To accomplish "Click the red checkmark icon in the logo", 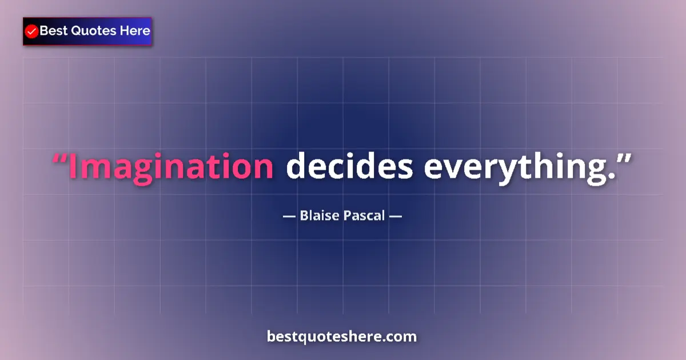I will coord(32,31).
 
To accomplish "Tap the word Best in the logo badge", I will coord(53,31).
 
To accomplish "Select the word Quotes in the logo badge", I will coord(93,31).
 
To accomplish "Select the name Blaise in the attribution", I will coord(316,217).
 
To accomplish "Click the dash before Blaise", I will coord(289,217).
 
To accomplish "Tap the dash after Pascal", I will coord(396,217).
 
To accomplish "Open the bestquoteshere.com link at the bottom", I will coord(342,337).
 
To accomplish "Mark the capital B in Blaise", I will coord(304,217).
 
